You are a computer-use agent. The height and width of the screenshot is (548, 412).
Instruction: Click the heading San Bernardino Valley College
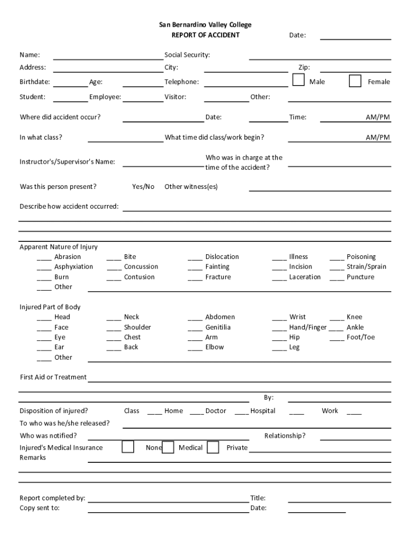[x=205, y=25]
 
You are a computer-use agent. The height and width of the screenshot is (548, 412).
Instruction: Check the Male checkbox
[x=299, y=81]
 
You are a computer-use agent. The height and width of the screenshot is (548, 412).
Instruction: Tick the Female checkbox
[x=355, y=81]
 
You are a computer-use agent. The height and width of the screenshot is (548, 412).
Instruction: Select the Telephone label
[x=181, y=82]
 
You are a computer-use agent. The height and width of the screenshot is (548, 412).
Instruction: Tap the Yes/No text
[x=143, y=187]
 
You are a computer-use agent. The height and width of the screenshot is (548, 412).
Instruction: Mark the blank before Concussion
[x=113, y=267]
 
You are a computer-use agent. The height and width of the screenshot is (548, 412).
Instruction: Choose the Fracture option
[x=218, y=277]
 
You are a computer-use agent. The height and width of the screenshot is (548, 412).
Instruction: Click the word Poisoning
[x=361, y=257]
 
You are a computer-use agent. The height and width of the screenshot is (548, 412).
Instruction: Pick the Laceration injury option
[x=305, y=277]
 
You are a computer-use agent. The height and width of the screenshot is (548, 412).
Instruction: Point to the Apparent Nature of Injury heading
[x=59, y=247]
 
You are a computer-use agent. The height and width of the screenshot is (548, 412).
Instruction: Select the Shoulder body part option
[x=138, y=328]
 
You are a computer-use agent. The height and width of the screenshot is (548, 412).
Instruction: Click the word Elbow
[x=215, y=347]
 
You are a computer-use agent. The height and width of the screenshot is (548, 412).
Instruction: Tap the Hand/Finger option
[x=308, y=328]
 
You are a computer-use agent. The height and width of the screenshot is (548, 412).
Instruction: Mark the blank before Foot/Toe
[x=337, y=338]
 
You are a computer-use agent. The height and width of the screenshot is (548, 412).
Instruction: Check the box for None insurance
[x=128, y=447]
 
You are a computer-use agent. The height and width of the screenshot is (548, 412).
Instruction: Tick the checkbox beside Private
[x=213, y=447]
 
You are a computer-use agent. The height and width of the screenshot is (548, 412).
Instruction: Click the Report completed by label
[x=52, y=498]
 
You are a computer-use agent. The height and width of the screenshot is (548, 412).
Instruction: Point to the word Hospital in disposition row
[x=263, y=411]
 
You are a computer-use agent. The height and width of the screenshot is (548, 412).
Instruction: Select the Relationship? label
[x=285, y=436]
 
